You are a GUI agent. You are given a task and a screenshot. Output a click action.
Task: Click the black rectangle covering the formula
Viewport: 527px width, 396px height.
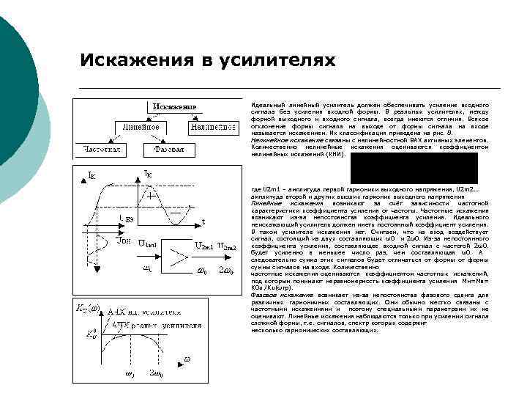(414, 168)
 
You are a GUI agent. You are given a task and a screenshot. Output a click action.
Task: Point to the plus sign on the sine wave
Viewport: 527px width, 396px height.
(150, 197)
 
